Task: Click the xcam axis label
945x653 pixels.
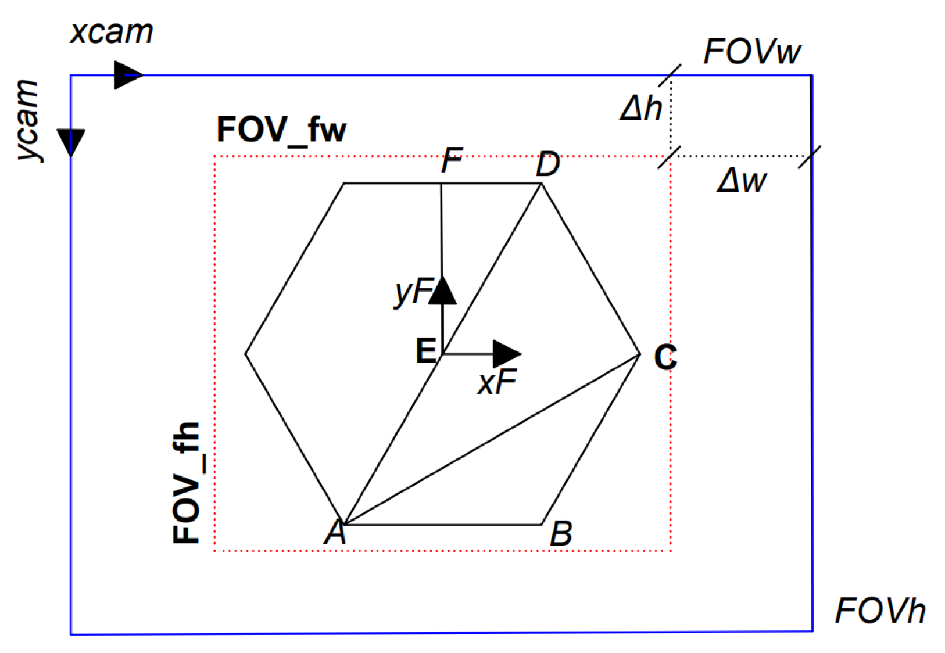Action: (x=112, y=32)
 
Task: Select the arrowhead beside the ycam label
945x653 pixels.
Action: (x=71, y=142)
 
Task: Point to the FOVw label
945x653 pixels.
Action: (x=752, y=52)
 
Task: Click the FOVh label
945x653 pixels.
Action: (x=880, y=611)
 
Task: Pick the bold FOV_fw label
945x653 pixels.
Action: (x=281, y=130)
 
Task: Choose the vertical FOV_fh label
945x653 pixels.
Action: (x=187, y=483)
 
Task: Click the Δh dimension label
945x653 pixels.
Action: (x=641, y=109)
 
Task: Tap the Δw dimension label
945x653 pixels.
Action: (x=742, y=181)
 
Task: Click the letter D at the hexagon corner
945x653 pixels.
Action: (x=547, y=164)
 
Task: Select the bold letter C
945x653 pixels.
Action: (x=665, y=357)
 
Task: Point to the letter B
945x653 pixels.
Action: (x=561, y=534)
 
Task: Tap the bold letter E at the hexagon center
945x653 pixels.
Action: (x=426, y=351)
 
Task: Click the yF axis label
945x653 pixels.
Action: (x=413, y=292)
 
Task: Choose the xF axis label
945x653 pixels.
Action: (x=497, y=383)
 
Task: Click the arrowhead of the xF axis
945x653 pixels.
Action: (x=506, y=354)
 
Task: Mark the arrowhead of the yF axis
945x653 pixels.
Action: (x=443, y=290)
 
